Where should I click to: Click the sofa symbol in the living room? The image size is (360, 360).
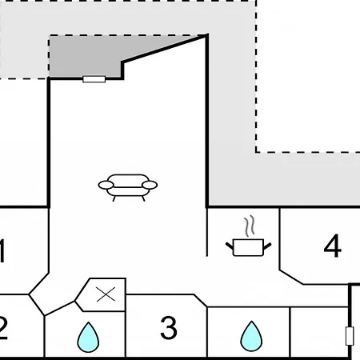click(x=128, y=187)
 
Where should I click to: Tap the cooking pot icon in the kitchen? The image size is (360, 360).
click(x=249, y=247)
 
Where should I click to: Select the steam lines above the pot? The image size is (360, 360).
click(x=250, y=226)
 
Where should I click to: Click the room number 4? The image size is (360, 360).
click(x=332, y=246)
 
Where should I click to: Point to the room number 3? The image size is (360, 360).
click(x=169, y=327)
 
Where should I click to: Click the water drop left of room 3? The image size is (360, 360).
click(x=88, y=337)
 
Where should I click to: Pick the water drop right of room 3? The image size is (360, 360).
click(x=251, y=336)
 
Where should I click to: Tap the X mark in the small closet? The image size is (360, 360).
click(x=106, y=294)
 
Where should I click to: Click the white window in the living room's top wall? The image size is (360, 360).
click(x=94, y=79)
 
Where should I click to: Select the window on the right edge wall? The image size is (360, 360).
click(x=350, y=336)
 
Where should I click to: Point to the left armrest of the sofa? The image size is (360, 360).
click(x=106, y=185)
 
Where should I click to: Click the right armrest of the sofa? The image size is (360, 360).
click(x=150, y=185)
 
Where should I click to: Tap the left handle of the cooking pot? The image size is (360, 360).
click(x=230, y=246)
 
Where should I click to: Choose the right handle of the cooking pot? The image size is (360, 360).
click(x=267, y=246)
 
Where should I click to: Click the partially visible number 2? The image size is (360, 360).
click(x=2, y=327)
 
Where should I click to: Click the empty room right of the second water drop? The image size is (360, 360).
click(x=319, y=331)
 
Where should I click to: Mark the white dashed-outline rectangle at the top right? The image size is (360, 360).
click(x=308, y=76)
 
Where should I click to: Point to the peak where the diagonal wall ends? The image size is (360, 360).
click(x=207, y=35)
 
